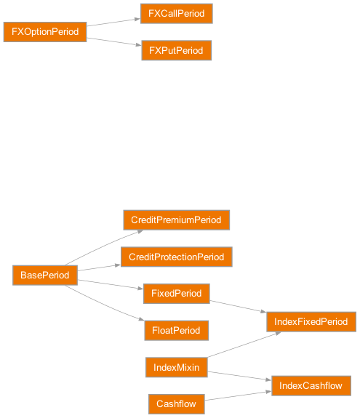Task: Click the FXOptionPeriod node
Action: point(44,32)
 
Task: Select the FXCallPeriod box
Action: point(177,13)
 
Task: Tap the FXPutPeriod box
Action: point(177,50)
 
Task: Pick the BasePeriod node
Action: point(44,275)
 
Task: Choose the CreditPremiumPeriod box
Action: point(176,220)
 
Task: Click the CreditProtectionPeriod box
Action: point(176,257)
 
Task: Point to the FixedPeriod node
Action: point(176,294)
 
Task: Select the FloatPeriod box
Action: point(176,330)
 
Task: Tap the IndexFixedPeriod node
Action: point(311,321)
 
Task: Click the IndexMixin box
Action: point(176,367)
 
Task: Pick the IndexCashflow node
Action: point(311,385)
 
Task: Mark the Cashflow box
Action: point(176,403)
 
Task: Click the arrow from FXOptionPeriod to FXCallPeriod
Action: point(113,23)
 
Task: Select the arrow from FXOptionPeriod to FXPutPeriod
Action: point(113,41)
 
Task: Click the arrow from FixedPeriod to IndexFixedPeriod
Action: point(238,306)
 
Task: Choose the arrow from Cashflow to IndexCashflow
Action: point(237,395)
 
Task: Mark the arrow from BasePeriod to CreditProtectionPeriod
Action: point(98,268)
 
